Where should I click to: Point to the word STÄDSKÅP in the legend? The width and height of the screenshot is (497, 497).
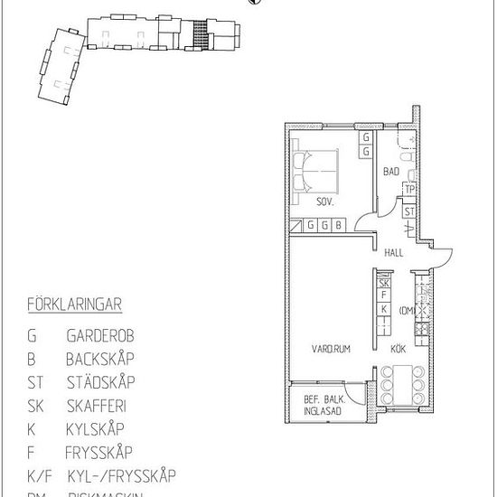(x=100, y=381)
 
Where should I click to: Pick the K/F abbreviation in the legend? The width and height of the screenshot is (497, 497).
(x=38, y=475)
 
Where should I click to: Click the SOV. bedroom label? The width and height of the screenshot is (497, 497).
(x=324, y=202)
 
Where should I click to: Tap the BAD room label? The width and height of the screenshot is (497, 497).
(x=391, y=172)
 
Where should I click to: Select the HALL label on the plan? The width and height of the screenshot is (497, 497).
(x=393, y=254)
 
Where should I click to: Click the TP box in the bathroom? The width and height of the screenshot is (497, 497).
(x=409, y=190)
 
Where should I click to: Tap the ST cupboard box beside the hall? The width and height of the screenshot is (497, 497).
(x=409, y=211)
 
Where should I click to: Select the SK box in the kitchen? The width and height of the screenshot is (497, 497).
(x=384, y=283)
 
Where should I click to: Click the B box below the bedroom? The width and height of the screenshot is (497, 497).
(x=338, y=225)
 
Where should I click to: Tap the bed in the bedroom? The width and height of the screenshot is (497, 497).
(x=316, y=167)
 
